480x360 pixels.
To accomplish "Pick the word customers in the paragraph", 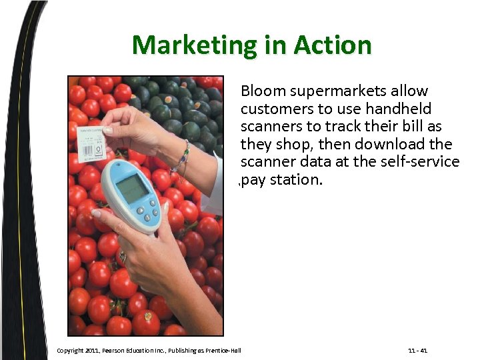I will [273, 109].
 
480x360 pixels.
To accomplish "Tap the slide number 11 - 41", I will [417, 351].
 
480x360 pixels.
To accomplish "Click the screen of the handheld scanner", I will [133, 189].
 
